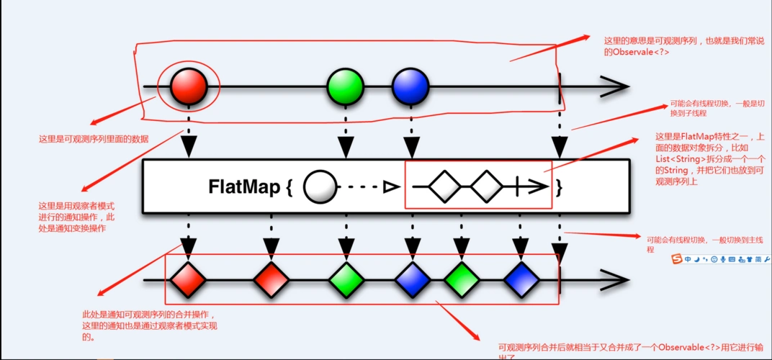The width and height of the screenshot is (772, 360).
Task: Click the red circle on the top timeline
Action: pos(189,87)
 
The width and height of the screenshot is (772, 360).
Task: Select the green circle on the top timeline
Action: pos(346,87)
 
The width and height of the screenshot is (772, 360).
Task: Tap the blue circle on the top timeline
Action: pos(410,87)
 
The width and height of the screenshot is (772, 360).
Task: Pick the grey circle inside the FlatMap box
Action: pos(320,188)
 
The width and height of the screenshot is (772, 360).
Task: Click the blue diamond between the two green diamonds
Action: pos(411,279)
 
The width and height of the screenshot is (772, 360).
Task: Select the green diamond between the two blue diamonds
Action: pos(461,279)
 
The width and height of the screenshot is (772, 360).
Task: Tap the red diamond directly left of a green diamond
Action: pos(271,279)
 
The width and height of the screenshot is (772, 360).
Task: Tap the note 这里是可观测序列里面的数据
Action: pos(94,139)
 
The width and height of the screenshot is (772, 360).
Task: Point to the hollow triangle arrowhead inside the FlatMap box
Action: pos(390,188)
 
